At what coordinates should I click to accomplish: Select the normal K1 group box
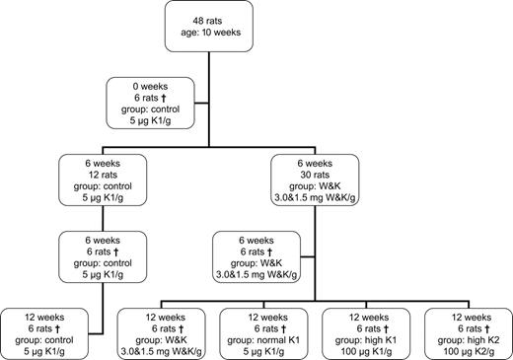(x=257, y=330)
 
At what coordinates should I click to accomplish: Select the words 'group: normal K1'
(x=257, y=336)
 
